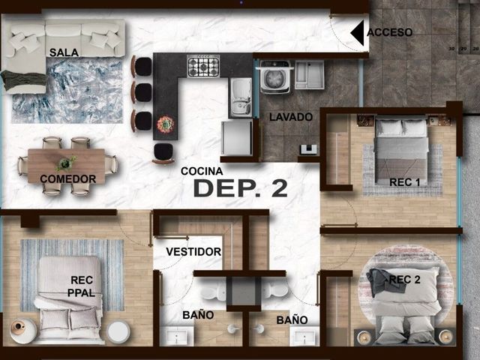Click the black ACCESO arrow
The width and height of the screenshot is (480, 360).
coord(358,33)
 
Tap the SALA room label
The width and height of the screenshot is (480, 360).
coord(64,52)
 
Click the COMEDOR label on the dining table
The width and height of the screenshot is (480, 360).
coord(68,178)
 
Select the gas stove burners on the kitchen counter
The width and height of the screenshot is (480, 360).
coord(203,66)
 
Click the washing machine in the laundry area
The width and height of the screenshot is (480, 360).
coord(274,76)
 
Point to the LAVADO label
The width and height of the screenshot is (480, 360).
coord(291,117)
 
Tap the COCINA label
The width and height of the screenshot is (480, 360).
coord(202,171)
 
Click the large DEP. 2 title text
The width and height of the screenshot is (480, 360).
coord(241,187)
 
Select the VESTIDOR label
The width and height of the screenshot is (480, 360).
coord(193,252)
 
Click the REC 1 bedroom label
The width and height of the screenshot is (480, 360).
coord(404,182)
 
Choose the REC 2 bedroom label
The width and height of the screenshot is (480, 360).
coord(405,279)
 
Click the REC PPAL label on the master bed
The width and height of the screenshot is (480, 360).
coord(82,286)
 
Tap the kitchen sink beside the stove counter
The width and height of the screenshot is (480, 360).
coord(241,97)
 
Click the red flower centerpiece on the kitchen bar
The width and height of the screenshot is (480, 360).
coord(166,124)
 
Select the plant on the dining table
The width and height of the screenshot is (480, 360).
coord(65,163)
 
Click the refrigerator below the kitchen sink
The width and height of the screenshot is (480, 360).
coord(237,138)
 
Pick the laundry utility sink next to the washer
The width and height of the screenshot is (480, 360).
coord(310,75)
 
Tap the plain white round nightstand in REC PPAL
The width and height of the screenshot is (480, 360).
coord(118,331)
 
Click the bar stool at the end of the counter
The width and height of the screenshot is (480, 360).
coord(163,153)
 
